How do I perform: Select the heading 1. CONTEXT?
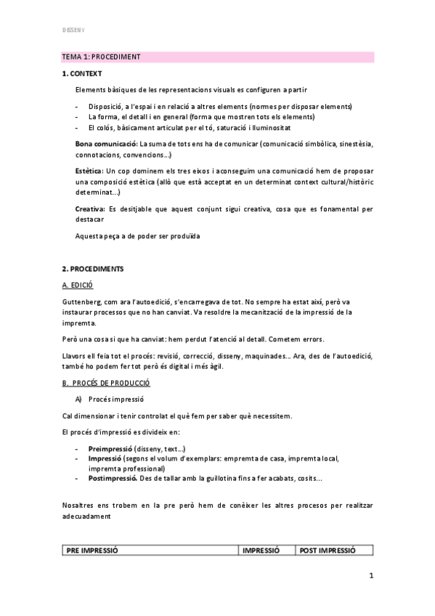point(82,73)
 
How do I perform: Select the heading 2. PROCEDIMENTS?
point(93,269)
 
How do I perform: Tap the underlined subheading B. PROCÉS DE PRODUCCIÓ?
point(106,382)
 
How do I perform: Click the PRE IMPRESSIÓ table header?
point(92,551)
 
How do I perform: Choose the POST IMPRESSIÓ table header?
point(328,551)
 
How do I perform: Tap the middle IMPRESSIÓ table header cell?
point(260,551)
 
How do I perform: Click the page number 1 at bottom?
point(370,577)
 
